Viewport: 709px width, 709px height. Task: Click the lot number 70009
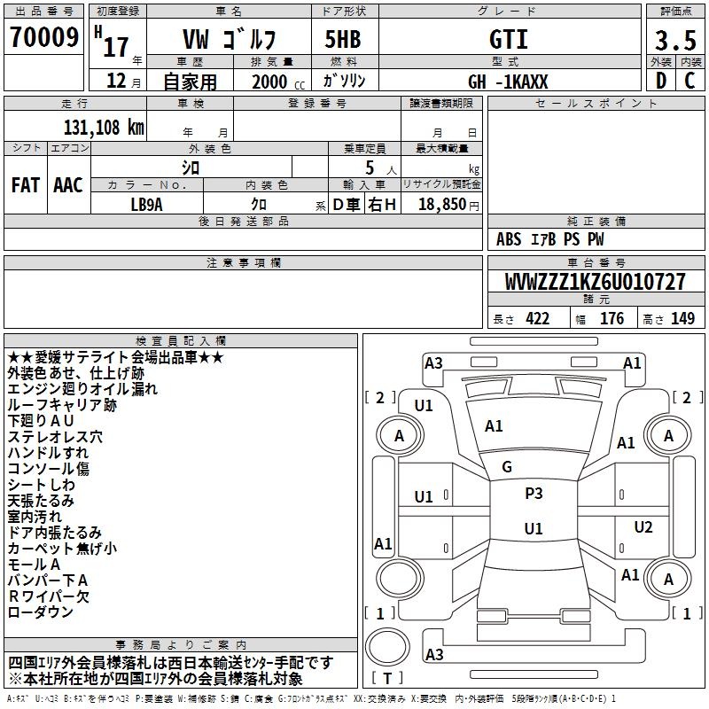pyautogui.click(x=44, y=37)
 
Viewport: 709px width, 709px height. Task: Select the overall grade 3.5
pyautogui.click(x=675, y=40)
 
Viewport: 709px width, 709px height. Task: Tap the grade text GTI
pyautogui.click(x=509, y=39)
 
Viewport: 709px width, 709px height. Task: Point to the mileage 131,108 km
pyautogui.click(x=104, y=128)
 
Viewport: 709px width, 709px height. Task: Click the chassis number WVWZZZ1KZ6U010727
pyautogui.click(x=596, y=282)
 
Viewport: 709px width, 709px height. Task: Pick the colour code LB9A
pyautogui.click(x=146, y=205)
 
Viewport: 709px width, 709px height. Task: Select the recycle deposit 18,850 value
pyautogui.click(x=442, y=204)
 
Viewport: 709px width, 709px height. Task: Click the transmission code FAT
pyautogui.click(x=26, y=185)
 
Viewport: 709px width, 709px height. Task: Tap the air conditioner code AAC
pyautogui.click(x=68, y=185)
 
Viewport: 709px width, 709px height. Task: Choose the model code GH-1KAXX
pyautogui.click(x=508, y=82)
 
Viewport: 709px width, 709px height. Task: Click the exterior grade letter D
pyautogui.click(x=661, y=81)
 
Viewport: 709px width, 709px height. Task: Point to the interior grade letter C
pyautogui.click(x=690, y=81)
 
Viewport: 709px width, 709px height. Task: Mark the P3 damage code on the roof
pyautogui.click(x=534, y=494)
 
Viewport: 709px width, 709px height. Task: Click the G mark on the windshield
pyautogui.click(x=507, y=467)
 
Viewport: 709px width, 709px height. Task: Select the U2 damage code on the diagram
pyautogui.click(x=643, y=526)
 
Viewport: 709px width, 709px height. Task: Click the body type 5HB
pyautogui.click(x=343, y=39)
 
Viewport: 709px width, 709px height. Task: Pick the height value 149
pyautogui.click(x=682, y=318)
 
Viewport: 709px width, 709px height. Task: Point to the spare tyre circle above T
pyautogui.click(x=387, y=646)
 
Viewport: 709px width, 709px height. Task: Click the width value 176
pyautogui.click(x=612, y=318)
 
